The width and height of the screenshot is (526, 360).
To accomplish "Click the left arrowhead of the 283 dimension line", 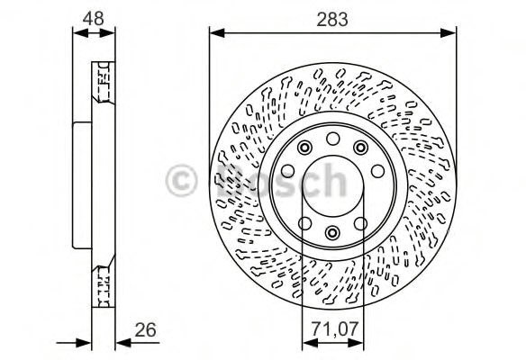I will pos(214,34).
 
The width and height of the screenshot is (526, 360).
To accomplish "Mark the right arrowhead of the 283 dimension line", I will pos(452,34).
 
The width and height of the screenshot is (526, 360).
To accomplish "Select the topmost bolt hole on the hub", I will pos(332,138).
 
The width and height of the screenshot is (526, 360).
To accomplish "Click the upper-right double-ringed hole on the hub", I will pos(360,147).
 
